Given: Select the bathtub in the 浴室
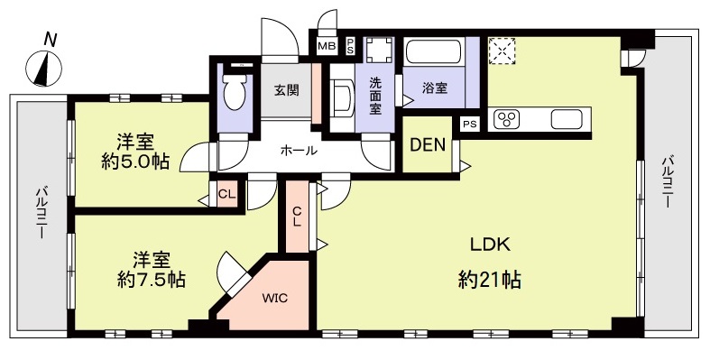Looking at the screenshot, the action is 433,52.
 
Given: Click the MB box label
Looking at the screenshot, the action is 327,46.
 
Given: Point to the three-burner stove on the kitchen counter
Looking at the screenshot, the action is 506,119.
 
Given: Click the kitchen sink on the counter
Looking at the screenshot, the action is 566,119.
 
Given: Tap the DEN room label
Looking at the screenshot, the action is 428,145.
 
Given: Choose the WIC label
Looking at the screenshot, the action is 276,299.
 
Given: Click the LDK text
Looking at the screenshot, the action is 490,245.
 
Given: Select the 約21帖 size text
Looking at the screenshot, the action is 489,280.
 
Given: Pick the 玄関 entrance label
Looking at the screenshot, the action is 287,90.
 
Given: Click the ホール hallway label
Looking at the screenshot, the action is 299,151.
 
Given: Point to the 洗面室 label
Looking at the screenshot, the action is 375,96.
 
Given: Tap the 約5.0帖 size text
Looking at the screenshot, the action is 135,162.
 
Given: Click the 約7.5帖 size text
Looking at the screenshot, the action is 152,281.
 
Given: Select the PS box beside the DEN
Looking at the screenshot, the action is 469,125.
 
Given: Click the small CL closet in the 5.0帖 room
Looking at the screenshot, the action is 226,194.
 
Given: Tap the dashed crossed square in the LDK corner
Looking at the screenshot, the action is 503,51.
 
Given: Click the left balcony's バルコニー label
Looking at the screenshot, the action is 41,213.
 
